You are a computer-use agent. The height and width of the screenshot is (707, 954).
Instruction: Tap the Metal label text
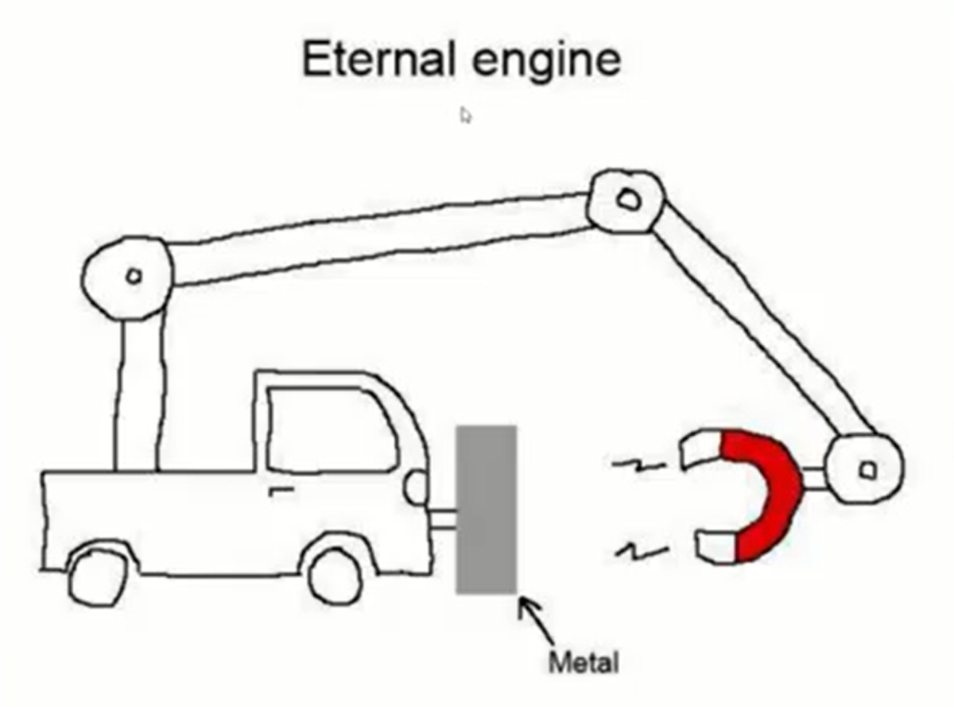(x=583, y=661)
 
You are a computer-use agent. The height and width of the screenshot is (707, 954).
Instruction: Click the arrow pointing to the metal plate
(x=536, y=621)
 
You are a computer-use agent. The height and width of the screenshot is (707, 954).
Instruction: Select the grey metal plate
(x=486, y=509)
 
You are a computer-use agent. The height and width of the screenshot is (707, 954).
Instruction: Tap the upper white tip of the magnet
(x=700, y=451)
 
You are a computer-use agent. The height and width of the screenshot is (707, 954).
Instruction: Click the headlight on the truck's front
(x=415, y=487)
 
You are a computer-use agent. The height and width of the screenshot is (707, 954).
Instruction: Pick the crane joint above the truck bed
(x=130, y=276)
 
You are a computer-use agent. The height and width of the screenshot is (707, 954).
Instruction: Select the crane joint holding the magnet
(x=865, y=470)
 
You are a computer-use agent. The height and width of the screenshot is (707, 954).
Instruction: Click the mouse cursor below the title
(x=465, y=115)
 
